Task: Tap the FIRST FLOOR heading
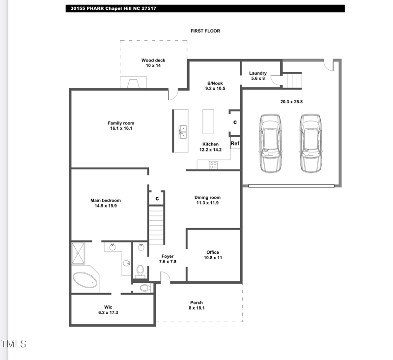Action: pyautogui.click(x=205, y=31)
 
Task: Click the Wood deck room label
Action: pyautogui.click(x=153, y=60)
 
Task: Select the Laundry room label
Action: pyautogui.click(x=258, y=73)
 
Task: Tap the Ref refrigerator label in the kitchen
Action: pyautogui.click(x=235, y=144)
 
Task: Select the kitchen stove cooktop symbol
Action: pyautogui.click(x=214, y=165)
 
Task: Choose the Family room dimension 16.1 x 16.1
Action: pyautogui.click(x=121, y=128)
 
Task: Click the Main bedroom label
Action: pyautogui.click(x=106, y=200)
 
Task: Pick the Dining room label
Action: pyautogui.click(x=207, y=197)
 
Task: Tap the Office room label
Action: pyautogui.click(x=213, y=252)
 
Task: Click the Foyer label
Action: pyautogui.click(x=168, y=256)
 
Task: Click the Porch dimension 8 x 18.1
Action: pyautogui.click(x=196, y=308)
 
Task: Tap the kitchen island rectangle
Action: pyautogui.click(x=208, y=121)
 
